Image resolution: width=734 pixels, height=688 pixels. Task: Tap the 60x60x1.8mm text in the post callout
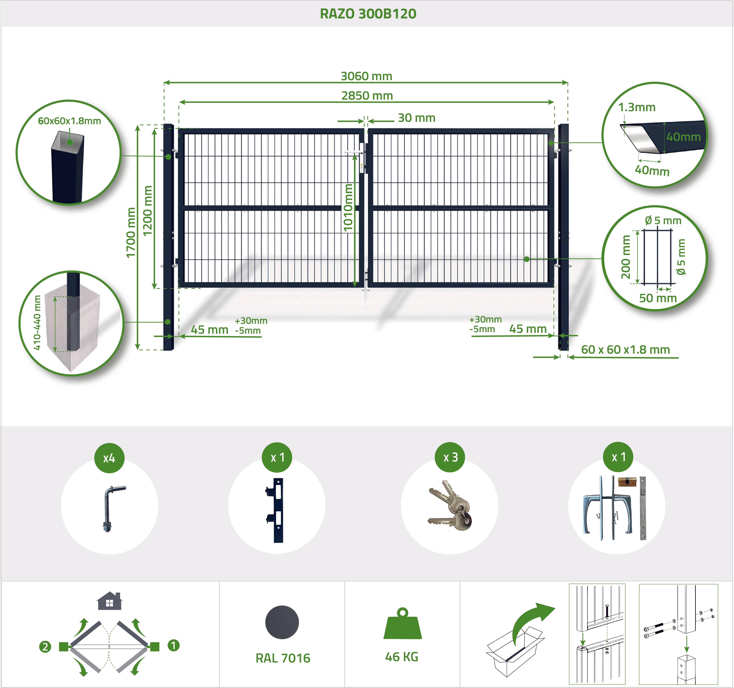pyautogui.click(x=69, y=121)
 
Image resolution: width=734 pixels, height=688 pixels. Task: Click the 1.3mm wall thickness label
pyautogui.click(x=637, y=107)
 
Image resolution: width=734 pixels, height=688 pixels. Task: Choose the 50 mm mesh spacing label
pyautogui.click(x=658, y=298)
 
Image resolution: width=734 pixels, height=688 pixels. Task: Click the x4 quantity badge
pyautogui.click(x=109, y=458)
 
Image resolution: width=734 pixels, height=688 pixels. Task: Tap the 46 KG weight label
pyautogui.click(x=402, y=657)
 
